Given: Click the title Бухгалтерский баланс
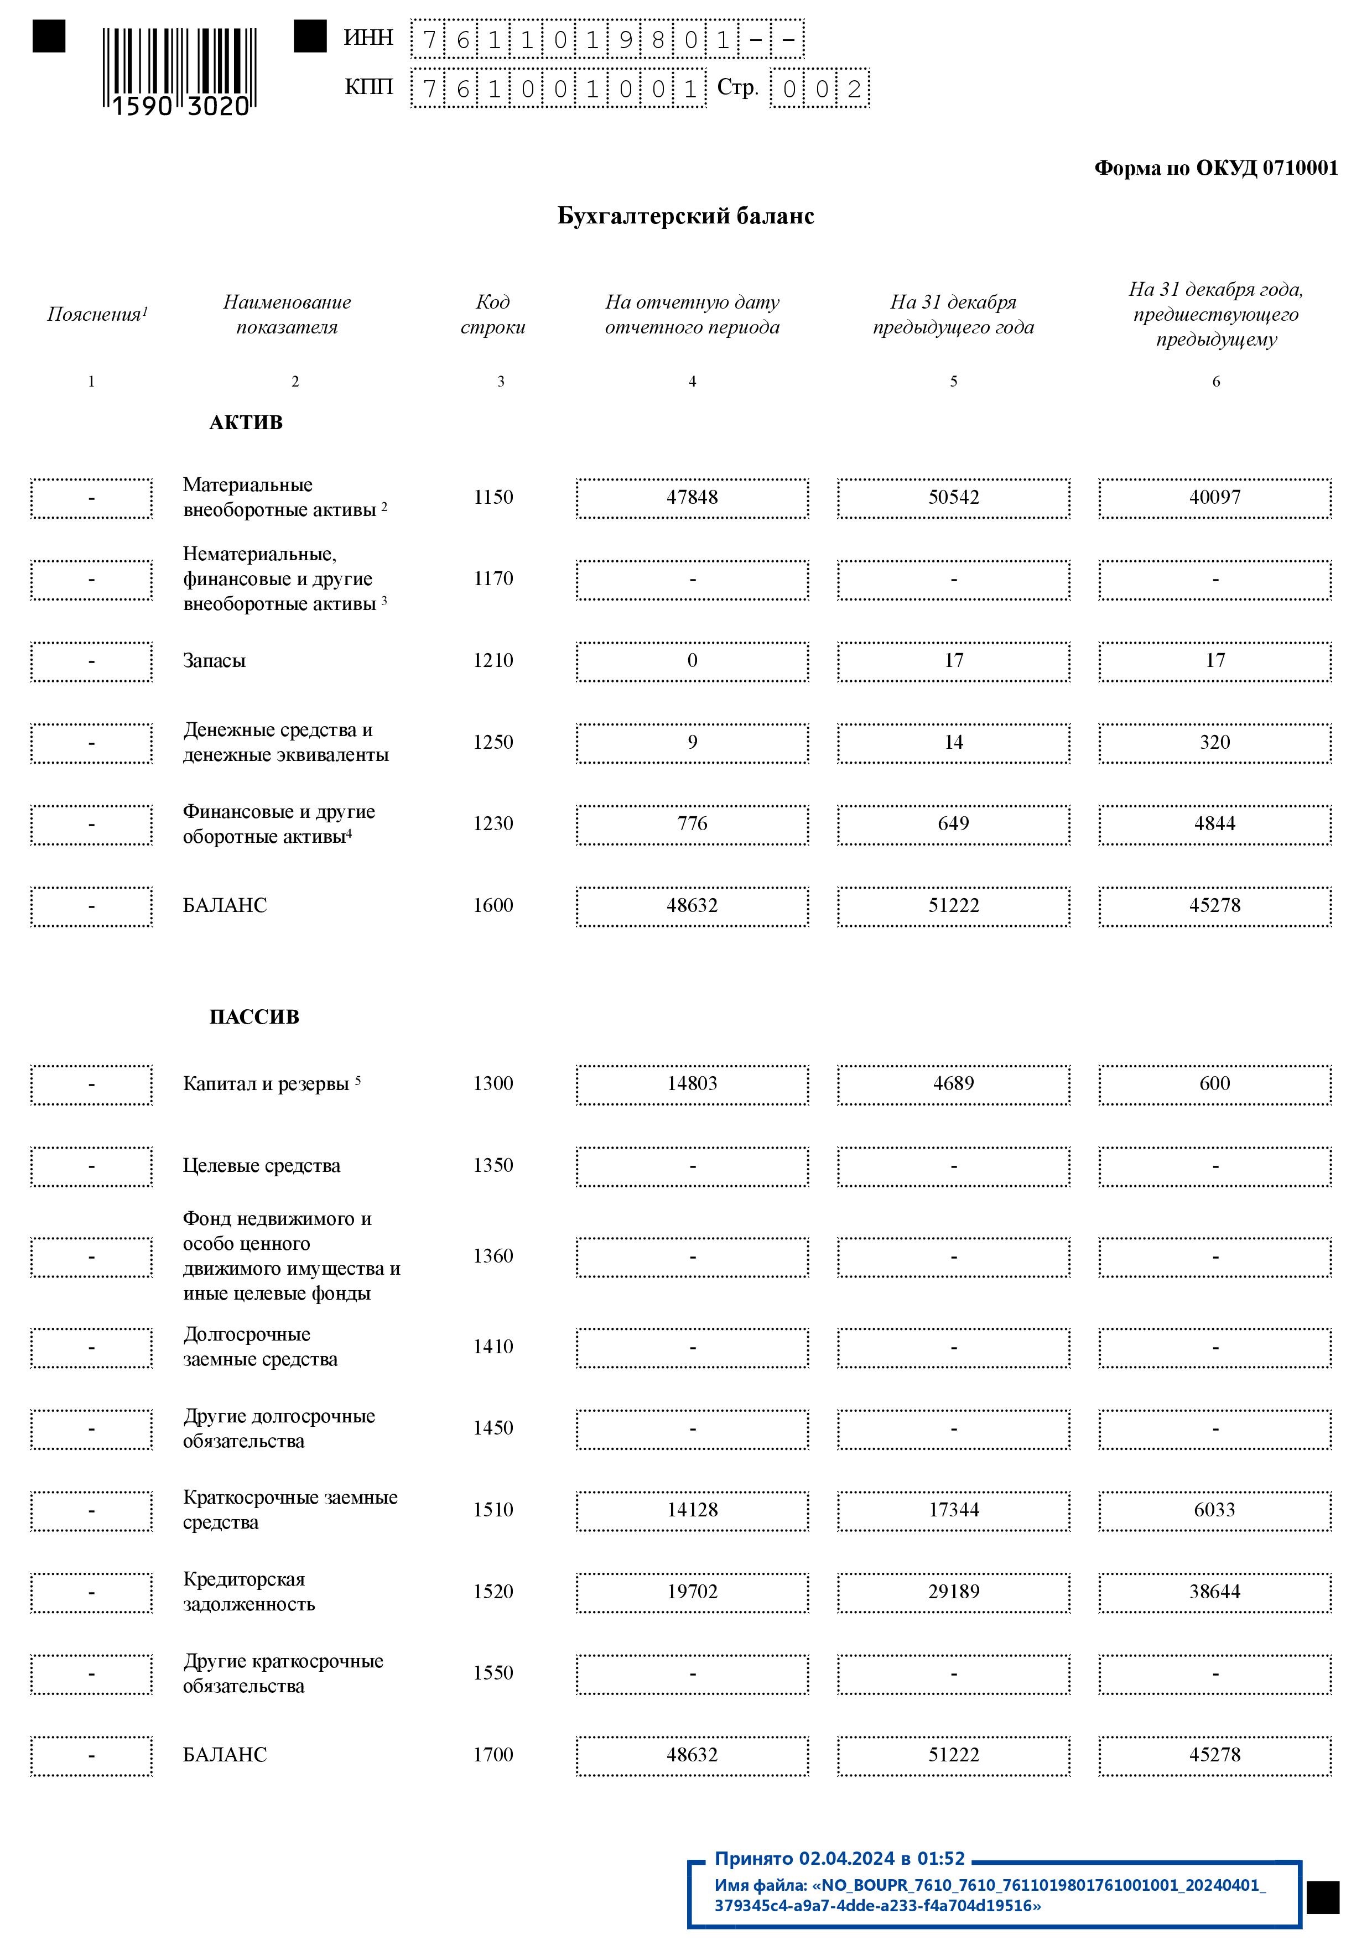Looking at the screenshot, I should [685, 216].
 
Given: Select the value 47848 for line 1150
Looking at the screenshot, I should [692, 498].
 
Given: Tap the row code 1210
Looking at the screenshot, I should [493, 661].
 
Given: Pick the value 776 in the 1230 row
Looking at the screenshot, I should [692, 824].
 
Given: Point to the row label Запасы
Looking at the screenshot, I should [214, 661].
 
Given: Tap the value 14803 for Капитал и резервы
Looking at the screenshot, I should [692, 1084].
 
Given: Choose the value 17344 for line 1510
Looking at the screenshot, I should [954, 1510].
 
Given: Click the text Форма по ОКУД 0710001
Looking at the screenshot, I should [1215, 168].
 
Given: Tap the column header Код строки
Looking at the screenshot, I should [493, 314].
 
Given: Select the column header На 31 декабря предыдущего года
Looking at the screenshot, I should [954, 314].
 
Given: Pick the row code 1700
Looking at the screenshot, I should [493, 1755].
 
